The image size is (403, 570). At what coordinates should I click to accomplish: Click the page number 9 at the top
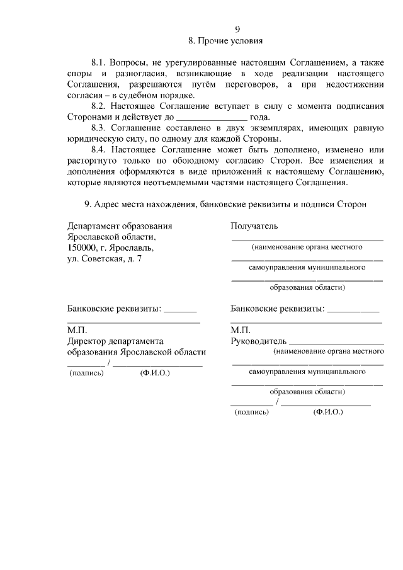click(x=237, y=30)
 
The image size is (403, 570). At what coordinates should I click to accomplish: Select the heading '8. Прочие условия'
click(x=225, y=42)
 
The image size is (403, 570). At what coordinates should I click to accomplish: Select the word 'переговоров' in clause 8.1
click(x=246, y=85)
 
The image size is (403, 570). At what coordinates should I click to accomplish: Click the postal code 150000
click(x=82, y=248)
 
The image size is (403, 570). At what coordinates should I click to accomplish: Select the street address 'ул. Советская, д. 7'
click(x=105, y=259)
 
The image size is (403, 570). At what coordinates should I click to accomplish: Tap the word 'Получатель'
click(x=254, y=226)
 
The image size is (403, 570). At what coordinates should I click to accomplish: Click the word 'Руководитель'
click(x=259, y=341)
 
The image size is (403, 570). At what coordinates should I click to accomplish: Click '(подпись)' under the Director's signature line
click(x=86, y=373)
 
